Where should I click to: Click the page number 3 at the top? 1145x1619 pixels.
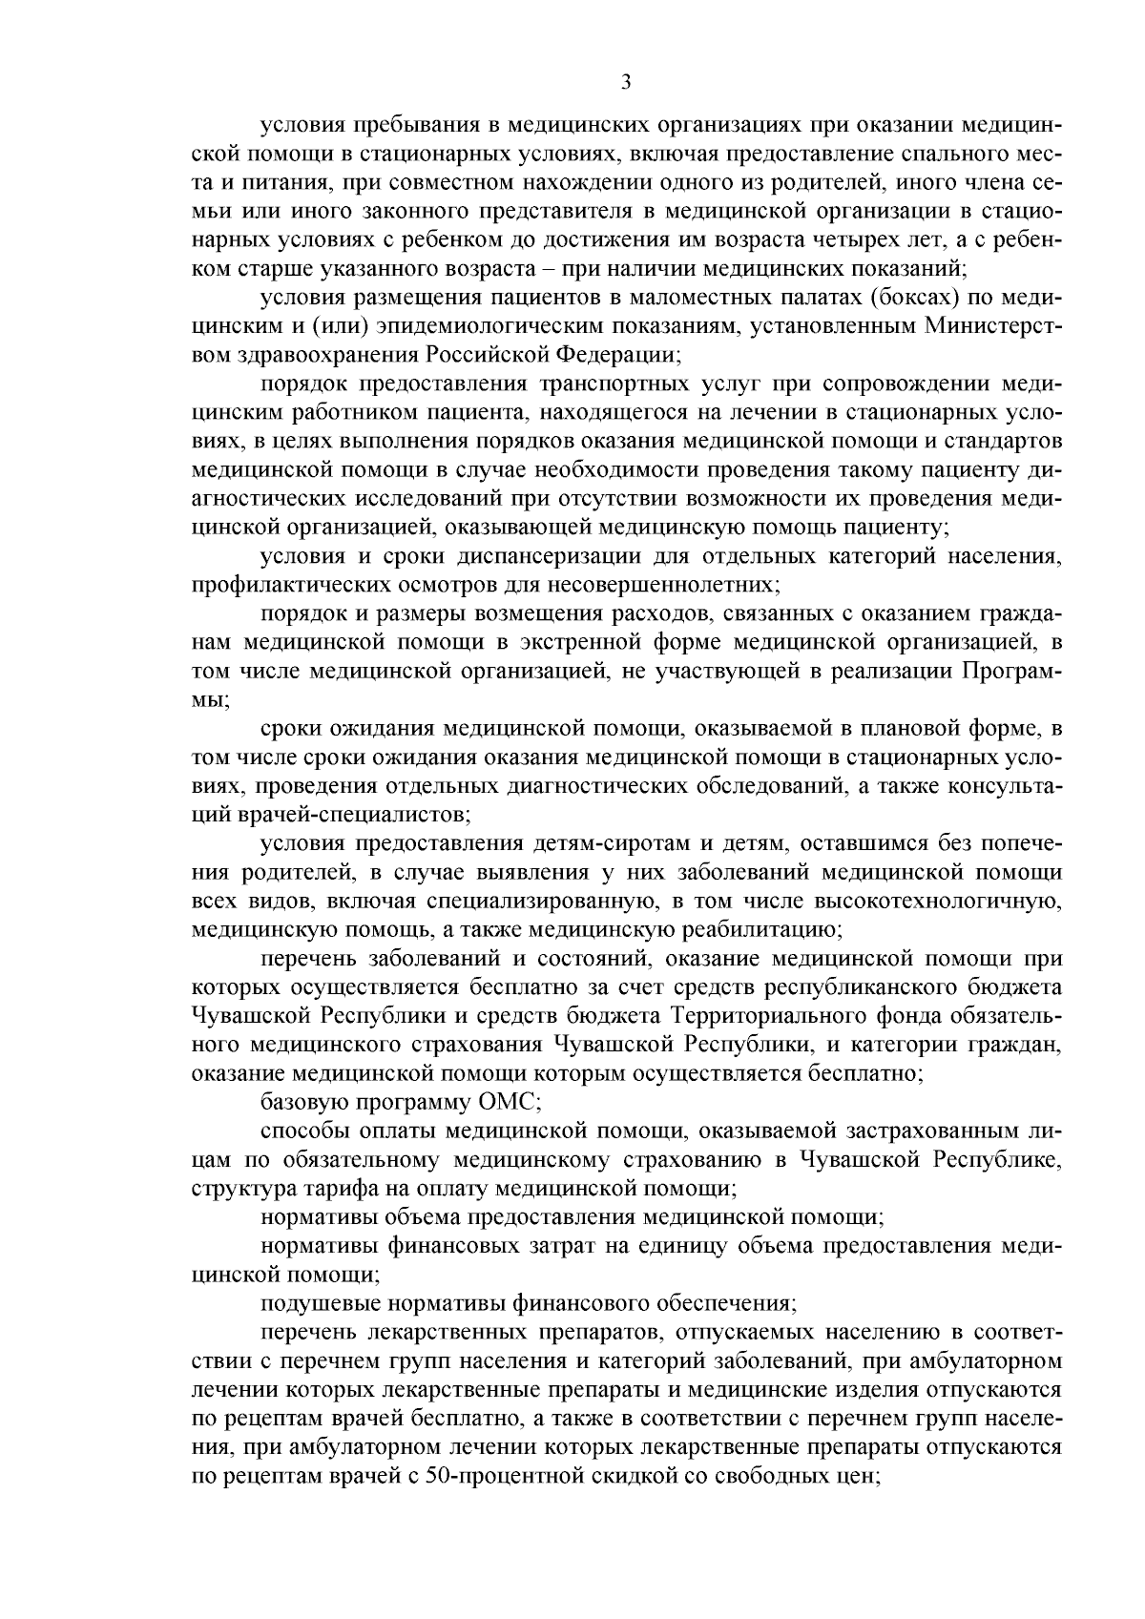pos(625,82)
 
